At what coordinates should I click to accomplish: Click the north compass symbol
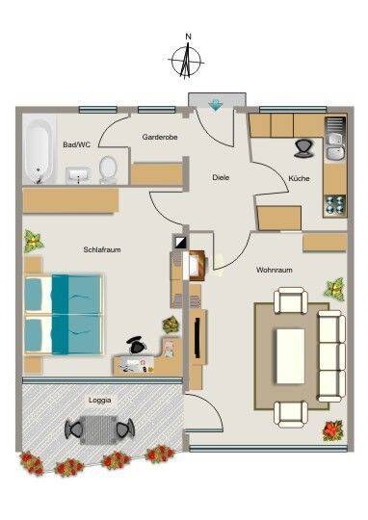(187, 59)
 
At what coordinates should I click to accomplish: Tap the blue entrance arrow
(215, 105)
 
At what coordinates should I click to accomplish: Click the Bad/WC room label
(77, 144)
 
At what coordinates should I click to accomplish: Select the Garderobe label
(160, 137)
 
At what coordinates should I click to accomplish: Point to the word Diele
(221, 177)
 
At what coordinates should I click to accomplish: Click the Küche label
(299, 178)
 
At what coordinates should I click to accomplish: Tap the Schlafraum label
(102, 249)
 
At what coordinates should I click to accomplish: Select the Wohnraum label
(275, 270)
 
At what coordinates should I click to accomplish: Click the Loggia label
(100, 401)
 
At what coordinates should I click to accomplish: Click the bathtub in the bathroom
(39, 151)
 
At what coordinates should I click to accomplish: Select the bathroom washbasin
(78, 174)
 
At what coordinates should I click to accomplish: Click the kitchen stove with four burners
(335, 205)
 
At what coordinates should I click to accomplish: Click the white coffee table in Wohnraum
(290, 356)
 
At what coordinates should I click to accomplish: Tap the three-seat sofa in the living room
(331, 356)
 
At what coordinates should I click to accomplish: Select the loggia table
(98, 429)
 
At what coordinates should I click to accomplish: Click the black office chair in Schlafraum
(137, 346)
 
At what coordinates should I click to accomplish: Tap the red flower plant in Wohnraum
(332, 430)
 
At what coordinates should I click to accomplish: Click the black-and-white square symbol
(180, 241)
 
